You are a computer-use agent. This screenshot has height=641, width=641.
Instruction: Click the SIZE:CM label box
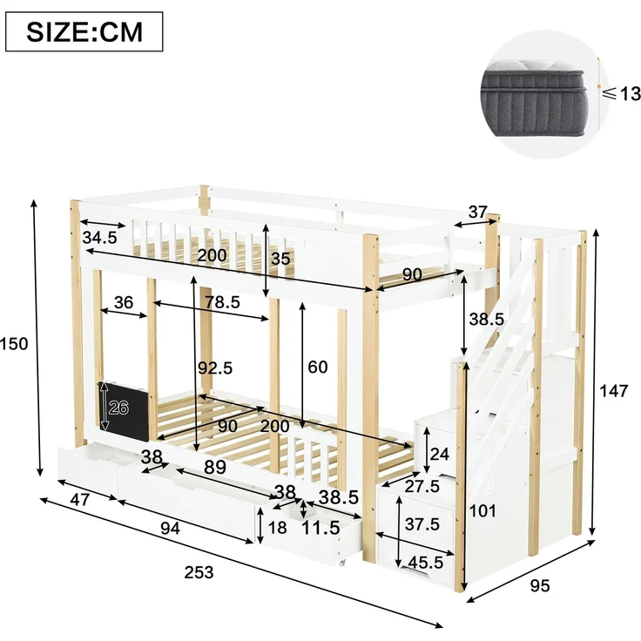84,32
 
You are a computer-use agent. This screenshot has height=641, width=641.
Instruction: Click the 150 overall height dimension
13,344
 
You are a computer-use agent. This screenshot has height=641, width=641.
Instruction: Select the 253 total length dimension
199,572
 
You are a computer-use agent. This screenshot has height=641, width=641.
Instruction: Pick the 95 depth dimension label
540,586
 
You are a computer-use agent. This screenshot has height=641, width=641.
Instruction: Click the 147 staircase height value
613,391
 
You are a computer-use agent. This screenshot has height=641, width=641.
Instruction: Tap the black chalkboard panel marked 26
124,411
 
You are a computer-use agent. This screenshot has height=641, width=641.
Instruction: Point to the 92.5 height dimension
215,368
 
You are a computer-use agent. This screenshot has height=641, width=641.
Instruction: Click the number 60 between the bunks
318,368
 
